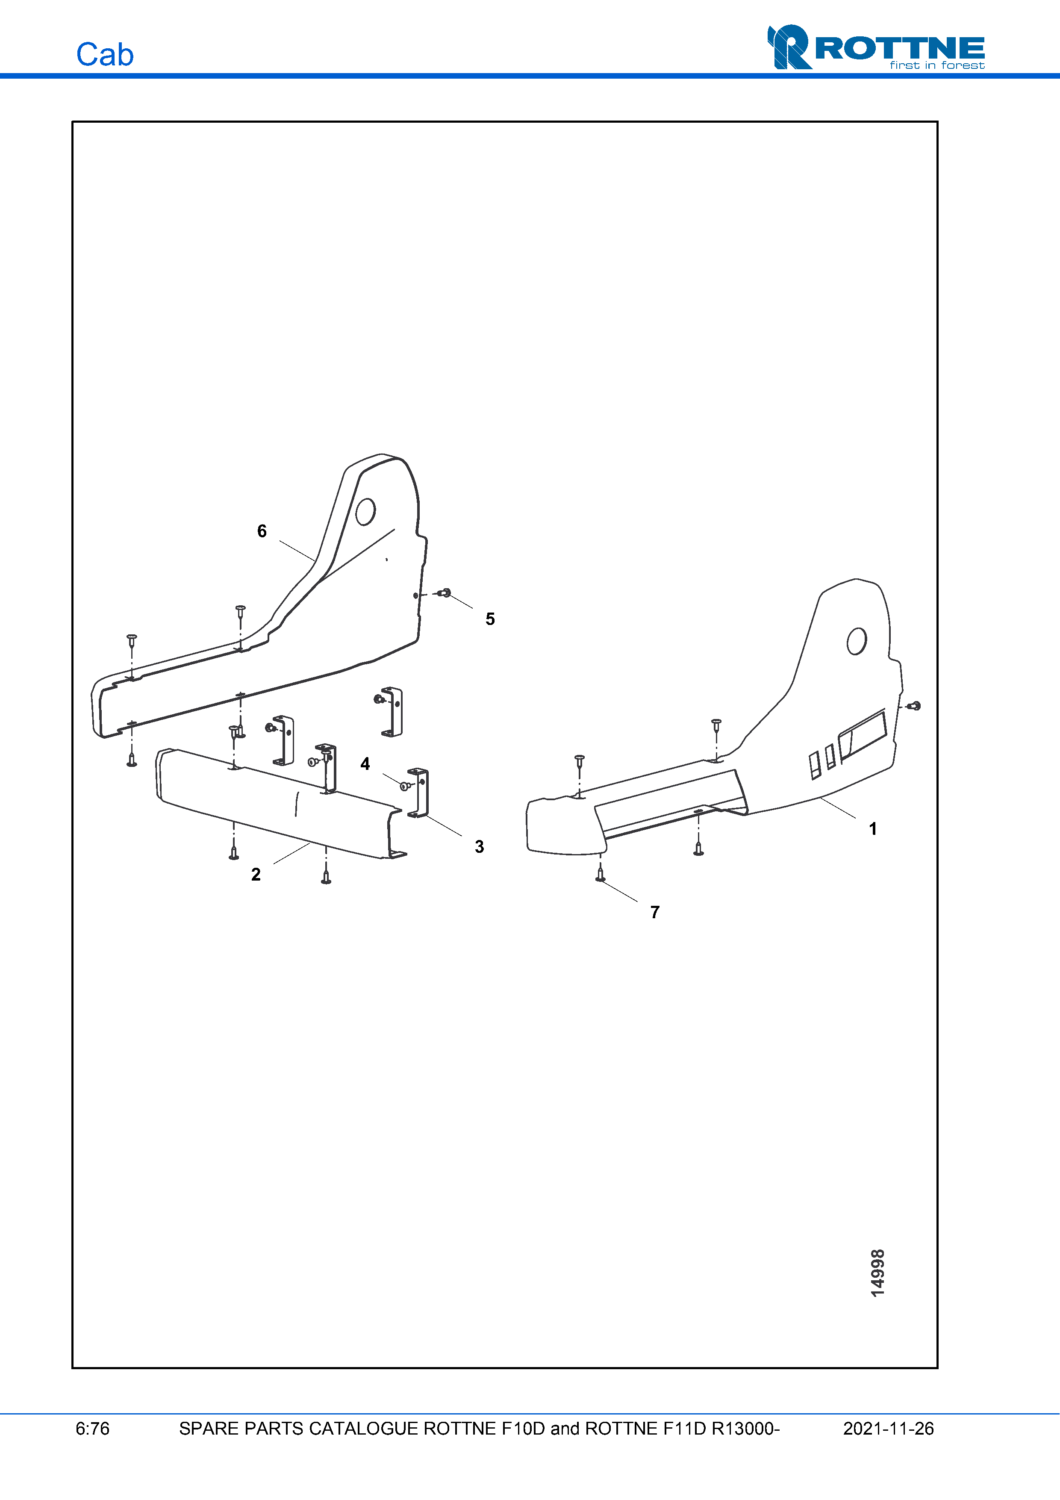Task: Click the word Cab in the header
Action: pyautogui.click(x=104, y=55)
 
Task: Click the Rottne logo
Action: pyautogui.click(x=875, y=47)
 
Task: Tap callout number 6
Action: pyautogui.click(x=262, y=531)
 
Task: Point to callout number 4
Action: pyautogui.click(x=365, y=764)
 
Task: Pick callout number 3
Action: pyautogui.click(x=480, y=847)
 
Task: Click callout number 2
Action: pyautogui.click(x=256, y=874)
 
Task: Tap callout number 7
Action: pyautogui.click(x=655, y=912)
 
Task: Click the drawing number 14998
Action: pyautogui.click(x=878, y=1273)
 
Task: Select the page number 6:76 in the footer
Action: pyautogui.click(x=92, y=1429)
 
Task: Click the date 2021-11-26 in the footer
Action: pyautogui.click(x=888, y=1429)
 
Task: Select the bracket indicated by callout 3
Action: pyautogui.click(x=418, y=793)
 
